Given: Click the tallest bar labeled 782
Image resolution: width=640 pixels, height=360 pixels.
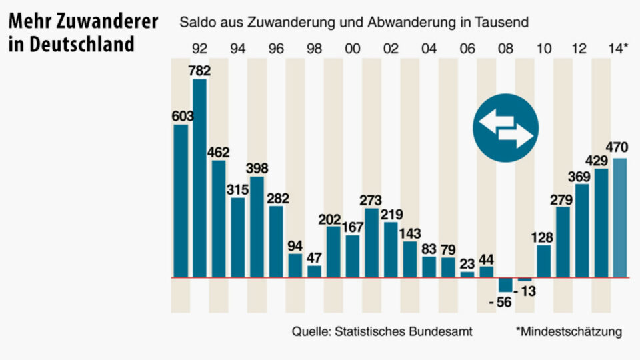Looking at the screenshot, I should pyautogui.click(x=199, y=178).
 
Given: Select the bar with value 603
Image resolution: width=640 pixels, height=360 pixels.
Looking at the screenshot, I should pyautogui.click(x=180, y=200).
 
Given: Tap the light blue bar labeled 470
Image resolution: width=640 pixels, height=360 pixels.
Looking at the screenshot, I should pyautogui.click(x=620, y=217).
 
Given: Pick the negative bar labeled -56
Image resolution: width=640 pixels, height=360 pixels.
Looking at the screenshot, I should pyautogui.click(x=506, y=285).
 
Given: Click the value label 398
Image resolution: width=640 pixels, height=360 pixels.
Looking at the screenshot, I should pyautogui.click(x=257, y=167).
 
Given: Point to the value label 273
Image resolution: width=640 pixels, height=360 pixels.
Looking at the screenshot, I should pyautogui.click(x=372, y=199).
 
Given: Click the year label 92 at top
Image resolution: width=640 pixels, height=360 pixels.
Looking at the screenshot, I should pyautogui.click(x=199, y=49).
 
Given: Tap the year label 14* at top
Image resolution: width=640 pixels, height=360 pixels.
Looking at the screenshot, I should pyautogui.click(x=618, y=49).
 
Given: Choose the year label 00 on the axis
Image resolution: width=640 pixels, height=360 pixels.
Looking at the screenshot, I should pyautogui.click(x=353, y=49).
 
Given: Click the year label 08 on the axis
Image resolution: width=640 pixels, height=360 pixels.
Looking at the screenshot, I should pyautogui.click(x=506, y=49).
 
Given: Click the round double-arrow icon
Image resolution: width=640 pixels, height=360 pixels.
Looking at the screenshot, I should pyautogui.click(x=506, y=129).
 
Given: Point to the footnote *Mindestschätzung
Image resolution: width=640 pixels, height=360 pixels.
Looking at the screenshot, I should pyautogui.click(x=569, y=331).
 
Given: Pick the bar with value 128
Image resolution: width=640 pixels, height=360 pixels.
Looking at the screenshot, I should pyautogui.click(x=544, y=261).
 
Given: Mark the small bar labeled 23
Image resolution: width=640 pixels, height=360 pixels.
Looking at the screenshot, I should pyautogui.click(x=467, y=274).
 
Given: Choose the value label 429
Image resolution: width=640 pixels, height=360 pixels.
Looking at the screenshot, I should pyautogui.click(x=601, y=161).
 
